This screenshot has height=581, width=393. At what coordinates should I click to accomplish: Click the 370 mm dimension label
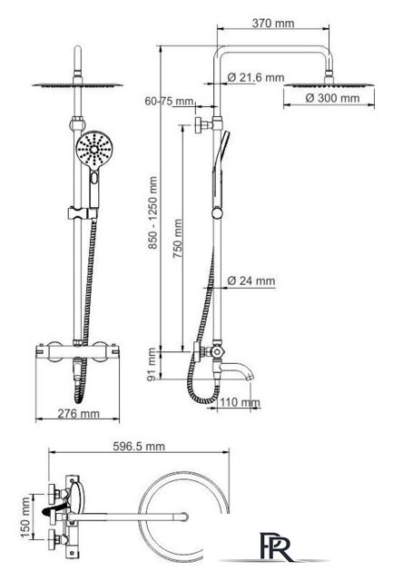tap(273, 23)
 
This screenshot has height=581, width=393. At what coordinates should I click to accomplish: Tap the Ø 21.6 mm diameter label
tap(256, 77)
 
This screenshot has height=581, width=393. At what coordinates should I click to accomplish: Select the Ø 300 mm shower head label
tap(332, 98)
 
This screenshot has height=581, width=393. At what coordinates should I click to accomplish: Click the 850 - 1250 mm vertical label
tap(153, 212)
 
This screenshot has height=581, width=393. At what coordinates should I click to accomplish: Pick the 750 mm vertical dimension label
tap(177, 239)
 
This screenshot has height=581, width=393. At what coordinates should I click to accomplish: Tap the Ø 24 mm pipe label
tap(251, 281)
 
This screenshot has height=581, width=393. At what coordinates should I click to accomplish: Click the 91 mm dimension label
tap(152, 364)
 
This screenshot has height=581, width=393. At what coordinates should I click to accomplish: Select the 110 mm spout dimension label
tap(240, 402)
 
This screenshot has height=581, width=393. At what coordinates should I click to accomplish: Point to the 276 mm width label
tap(79, 413)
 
